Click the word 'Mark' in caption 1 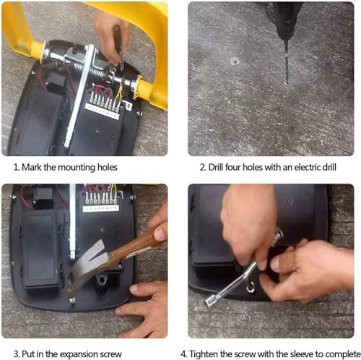coord(32,167)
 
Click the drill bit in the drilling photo coord(287,62)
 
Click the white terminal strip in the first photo coord(103,111)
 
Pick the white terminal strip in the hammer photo coord(100,208)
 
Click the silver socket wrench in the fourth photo coord(243,270)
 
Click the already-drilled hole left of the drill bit coord(234,61)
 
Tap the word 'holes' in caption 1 coord(107,167)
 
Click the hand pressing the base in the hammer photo coord(144,309)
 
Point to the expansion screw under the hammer coord(72,301)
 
